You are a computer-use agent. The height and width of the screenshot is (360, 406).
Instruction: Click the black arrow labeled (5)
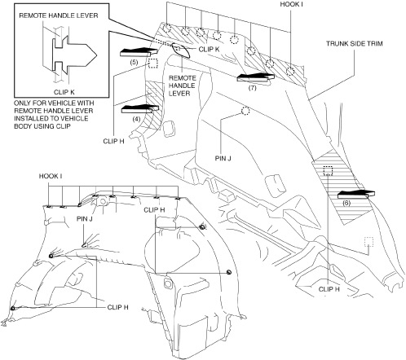(139, 52)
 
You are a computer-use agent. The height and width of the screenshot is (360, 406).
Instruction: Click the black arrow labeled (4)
(140, 109)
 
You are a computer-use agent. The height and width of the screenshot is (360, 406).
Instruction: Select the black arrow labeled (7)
(255, 77)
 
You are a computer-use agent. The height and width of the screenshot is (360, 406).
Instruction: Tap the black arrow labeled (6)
(356, 195)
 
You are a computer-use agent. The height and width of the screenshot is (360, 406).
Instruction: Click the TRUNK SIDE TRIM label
(355, 43)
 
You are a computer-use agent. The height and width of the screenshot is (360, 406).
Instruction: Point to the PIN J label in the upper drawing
(223, 158)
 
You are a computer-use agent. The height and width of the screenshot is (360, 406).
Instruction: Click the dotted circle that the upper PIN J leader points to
(245, 111)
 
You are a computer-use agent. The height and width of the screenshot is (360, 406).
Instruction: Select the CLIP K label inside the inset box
(64, 92)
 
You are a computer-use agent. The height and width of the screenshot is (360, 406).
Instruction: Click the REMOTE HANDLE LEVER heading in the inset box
(59, 15)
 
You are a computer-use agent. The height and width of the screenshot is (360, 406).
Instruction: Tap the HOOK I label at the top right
(291, 4)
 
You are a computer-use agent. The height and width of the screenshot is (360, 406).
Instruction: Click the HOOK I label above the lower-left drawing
(51, 176)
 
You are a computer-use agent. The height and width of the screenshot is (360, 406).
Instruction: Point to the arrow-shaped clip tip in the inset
(96, 55)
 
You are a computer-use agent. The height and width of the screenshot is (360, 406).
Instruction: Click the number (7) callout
(252, 88)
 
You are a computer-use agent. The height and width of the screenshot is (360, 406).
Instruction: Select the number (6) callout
(346, 203)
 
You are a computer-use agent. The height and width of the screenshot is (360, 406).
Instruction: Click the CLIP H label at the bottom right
(329, 289)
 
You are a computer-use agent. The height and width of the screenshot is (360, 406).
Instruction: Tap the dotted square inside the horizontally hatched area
(328, 171)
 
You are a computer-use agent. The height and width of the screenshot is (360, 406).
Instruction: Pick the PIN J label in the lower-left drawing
(85, 218)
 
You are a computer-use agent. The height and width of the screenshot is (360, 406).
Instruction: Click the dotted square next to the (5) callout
(153, 64)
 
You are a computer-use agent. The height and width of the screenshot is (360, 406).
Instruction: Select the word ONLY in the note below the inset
(22, 103)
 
